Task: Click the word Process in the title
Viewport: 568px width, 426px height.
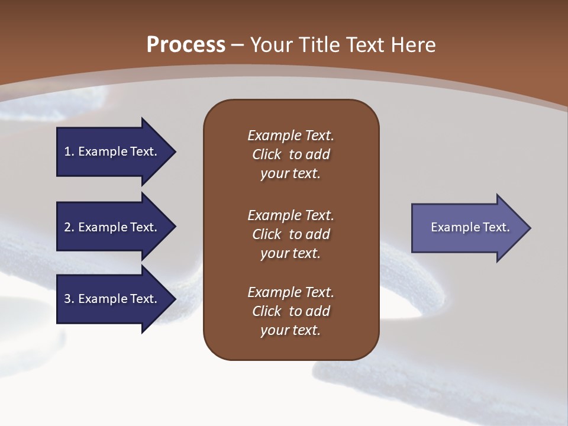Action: click(186, 45)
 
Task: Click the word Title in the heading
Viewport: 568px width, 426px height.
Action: click(319, 45)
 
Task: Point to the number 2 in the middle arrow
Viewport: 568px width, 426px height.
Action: click(68, 227)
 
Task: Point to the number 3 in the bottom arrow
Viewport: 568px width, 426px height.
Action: click(68, 299)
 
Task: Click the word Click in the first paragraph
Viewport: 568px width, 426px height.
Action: click(267, 154)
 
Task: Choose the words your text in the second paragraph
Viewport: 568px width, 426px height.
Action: click(291, 253)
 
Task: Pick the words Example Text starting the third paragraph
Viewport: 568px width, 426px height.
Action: click(291, 292)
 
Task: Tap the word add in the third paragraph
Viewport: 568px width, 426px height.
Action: click(318, 311)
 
